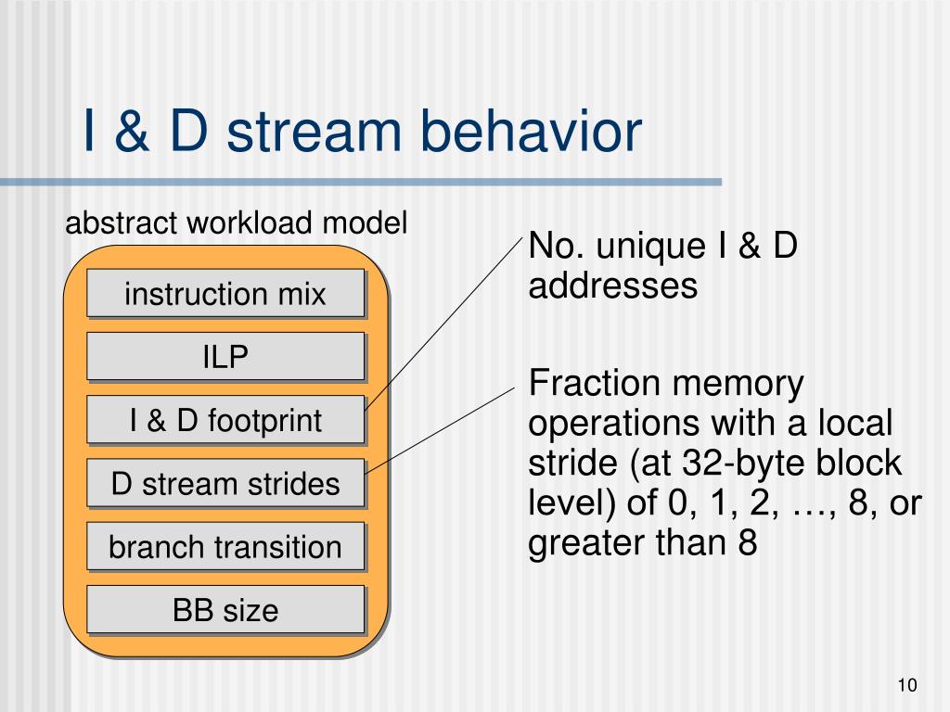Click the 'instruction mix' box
click(225, 293)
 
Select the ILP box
click(225, 356)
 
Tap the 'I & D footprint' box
click(225, 420)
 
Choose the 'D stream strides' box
click(225, 483)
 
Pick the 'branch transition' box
click(225, 546)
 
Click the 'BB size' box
click(225, 610)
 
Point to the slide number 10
click(907, 685)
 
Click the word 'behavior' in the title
click(531, 131)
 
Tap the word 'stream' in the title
click(314, 133)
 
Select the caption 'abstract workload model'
click(237, 222)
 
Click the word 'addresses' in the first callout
click(612, 286)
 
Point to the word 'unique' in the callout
click(650, 248)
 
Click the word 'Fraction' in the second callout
click(594, 383)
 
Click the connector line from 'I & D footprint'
click(443, 325)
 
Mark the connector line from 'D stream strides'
click(440, 430)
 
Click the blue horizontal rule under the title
click(361, 182)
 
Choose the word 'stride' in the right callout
click(573, 464)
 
